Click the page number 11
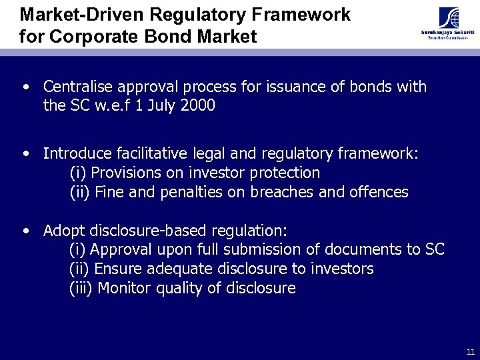(x=471, y=351)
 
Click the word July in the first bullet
(x=157, y=106)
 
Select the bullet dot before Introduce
(x=26, y=154)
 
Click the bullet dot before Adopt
(x=26, y=231)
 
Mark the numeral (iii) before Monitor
(x=83, y=288)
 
